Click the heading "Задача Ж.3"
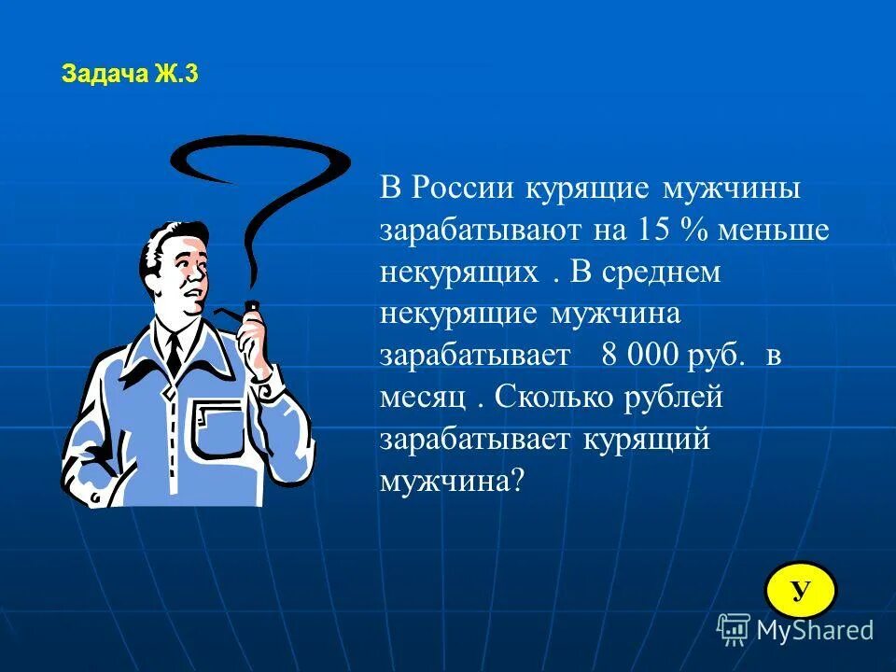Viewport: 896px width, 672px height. [x=130, y=76]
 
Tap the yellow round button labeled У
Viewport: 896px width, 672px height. [x=800, y=590]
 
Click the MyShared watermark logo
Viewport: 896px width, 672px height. [x=795, y=630]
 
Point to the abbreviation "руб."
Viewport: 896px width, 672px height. [x=718, y=357]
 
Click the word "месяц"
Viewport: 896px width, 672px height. [x=423, y=399]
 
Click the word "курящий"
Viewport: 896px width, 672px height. [x=649, y=440]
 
